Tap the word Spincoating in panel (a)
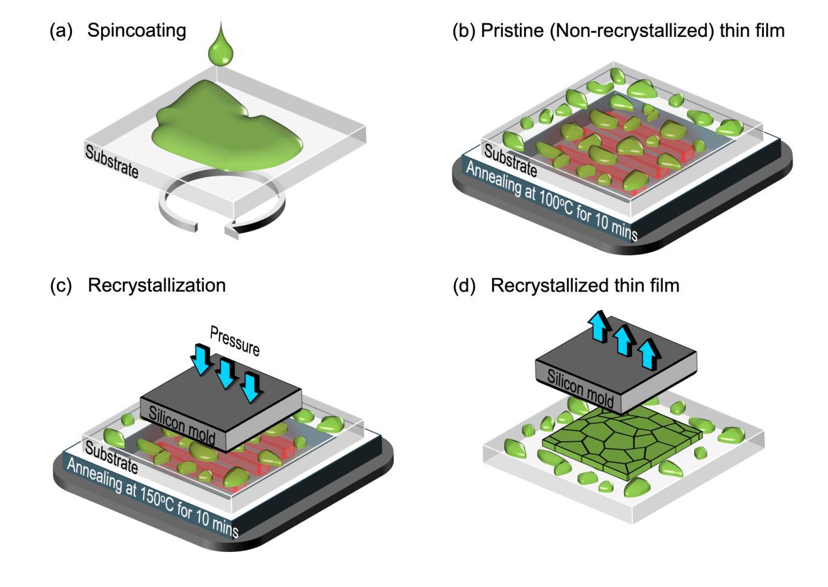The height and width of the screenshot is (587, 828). [136, 31]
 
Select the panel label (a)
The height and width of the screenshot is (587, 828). [61, 31]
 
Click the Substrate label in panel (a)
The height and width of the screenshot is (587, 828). [111, 162]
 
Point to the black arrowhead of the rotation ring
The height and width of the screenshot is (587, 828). [232, 231]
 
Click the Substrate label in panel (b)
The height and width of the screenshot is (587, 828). [510, 161]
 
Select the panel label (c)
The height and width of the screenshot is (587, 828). [61, 286]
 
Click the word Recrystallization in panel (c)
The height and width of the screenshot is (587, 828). [157, 286]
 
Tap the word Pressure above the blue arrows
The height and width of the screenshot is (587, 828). [235, 341]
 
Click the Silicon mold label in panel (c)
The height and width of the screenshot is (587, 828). [182, 425]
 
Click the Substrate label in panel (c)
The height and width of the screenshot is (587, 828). [111, 457]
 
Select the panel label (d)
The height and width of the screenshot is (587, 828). [464, 286]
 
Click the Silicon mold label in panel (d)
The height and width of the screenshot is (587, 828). [580, 389]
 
